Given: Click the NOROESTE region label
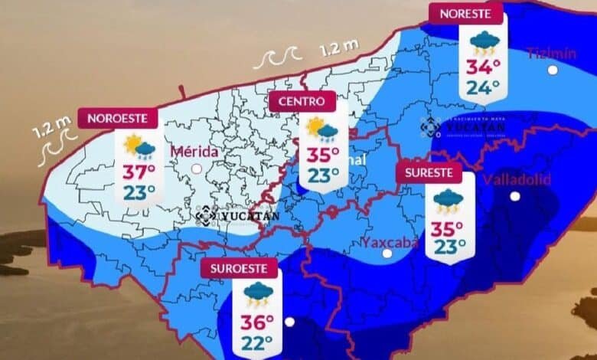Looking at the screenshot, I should pos(122,118).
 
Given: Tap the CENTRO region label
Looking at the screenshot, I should pos(302,101).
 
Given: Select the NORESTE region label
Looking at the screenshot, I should pos(465,13).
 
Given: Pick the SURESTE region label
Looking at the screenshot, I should pos(429,172).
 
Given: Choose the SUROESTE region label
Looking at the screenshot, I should pos(239,269).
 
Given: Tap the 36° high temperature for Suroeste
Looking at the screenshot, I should pos(257,320).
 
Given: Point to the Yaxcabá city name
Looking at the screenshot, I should pos(390,243).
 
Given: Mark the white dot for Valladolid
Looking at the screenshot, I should pos(515,196).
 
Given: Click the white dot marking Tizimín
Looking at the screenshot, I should pos(552,70).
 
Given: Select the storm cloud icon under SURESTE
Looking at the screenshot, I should pos(447,201).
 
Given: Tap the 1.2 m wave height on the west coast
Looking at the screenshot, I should pos(43,126).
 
